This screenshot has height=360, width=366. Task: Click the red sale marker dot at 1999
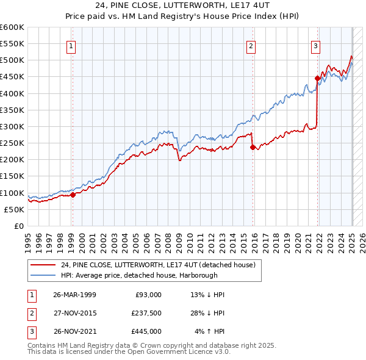point(73,195)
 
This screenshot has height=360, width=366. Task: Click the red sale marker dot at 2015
point(253,146)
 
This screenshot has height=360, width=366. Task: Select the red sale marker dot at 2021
point(317,78)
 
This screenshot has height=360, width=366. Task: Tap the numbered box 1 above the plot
point(71,45)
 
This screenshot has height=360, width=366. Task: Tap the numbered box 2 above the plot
point(251,45)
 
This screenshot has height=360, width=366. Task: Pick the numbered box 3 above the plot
point(315,45)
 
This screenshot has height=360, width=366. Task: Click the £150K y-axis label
point(12,176)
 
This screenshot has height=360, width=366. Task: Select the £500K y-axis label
point(12,60)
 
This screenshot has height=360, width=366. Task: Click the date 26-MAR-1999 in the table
point(74,294)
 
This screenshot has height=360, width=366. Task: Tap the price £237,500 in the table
point(146,313)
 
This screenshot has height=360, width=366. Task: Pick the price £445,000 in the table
point(146,331)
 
